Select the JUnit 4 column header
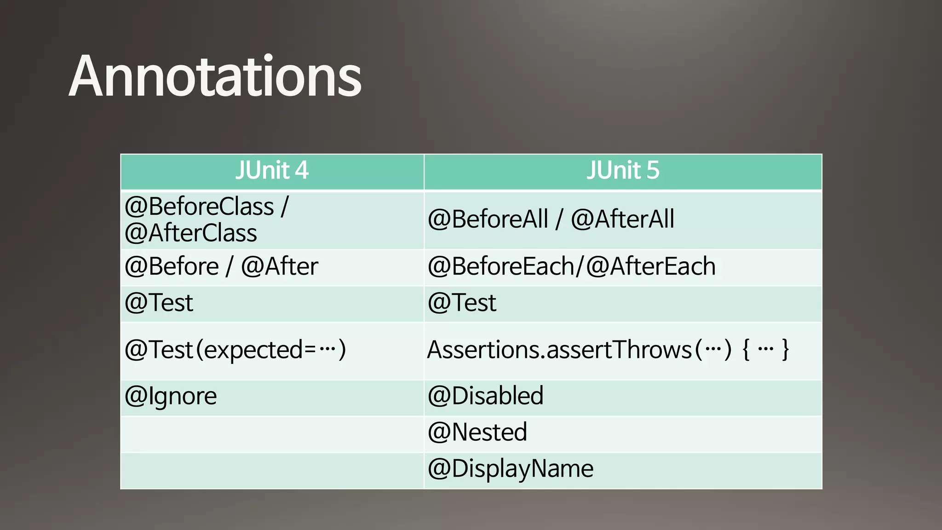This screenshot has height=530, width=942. pos(272,171)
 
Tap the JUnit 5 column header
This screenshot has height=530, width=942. pos(623,171)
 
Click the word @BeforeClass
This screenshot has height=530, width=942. pos(199,206)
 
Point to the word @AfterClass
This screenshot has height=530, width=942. pos(190,233)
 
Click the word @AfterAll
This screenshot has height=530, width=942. pos(622,219)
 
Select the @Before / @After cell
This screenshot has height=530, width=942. pos(221,267)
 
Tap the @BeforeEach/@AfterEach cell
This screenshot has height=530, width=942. pos(571,267)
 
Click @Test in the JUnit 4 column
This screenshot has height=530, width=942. pos(159,303)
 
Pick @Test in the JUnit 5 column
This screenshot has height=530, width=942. pos(462,303)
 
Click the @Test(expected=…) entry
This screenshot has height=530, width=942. pos(235,350)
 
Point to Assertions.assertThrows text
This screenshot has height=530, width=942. pos(559,350)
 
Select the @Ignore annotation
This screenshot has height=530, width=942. pos(171,397)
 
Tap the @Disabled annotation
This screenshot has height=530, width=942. pos(485,396)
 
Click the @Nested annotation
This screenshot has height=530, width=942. pos(477,432)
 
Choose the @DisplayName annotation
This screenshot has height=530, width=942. pos(511,469)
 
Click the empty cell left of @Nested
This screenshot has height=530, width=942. pos(272,434)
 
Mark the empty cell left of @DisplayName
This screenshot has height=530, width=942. pos(272,471)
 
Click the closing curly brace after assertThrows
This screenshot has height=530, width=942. pos(786,350)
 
